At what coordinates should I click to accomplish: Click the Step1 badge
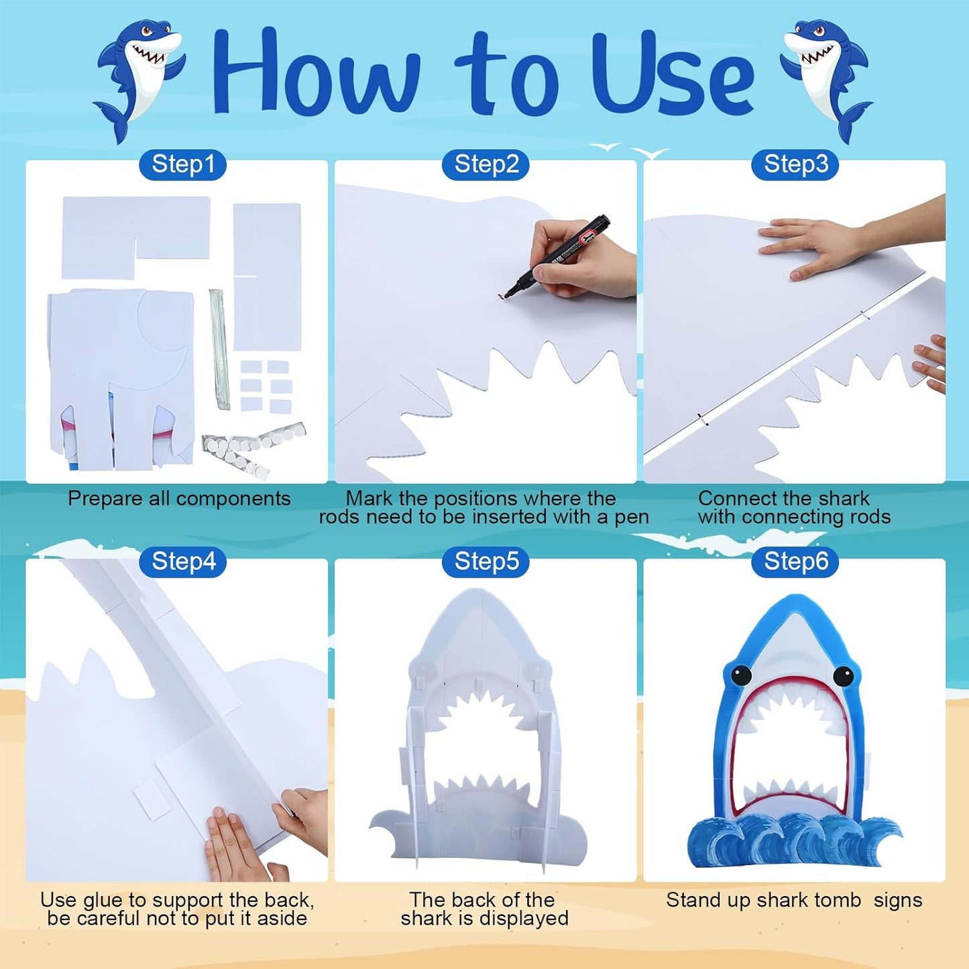coord(182,164)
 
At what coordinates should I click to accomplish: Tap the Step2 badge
coord(486,164)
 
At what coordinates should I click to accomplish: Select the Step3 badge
coord(795,164)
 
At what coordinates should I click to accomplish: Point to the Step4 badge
coord(182,562)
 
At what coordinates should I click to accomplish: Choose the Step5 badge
coord(486,562)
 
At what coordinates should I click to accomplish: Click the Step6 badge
coord(795,562)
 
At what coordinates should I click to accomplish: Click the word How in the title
coord(316,70)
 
